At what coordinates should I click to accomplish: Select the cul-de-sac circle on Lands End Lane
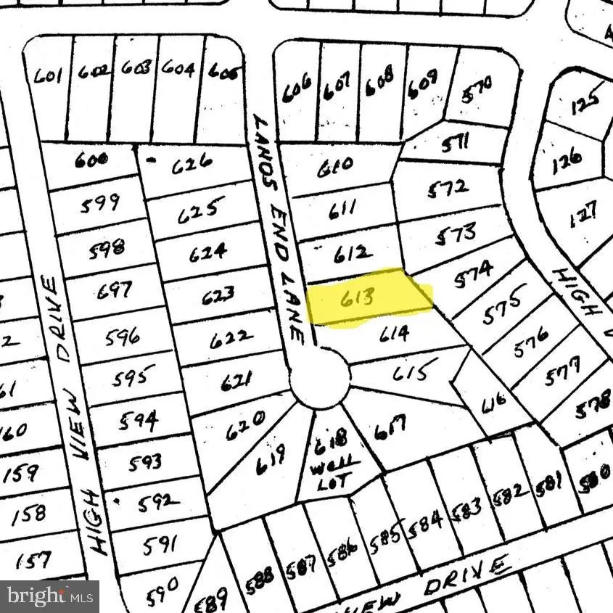tap(321, 377)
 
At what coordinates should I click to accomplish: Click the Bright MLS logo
tap(49, 596)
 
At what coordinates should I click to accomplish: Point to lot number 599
tap(100, 204)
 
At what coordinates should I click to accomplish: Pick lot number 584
tap(426, 519)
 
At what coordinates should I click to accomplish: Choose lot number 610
tap(336, 165)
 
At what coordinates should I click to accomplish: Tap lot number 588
tap(260, 577)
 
